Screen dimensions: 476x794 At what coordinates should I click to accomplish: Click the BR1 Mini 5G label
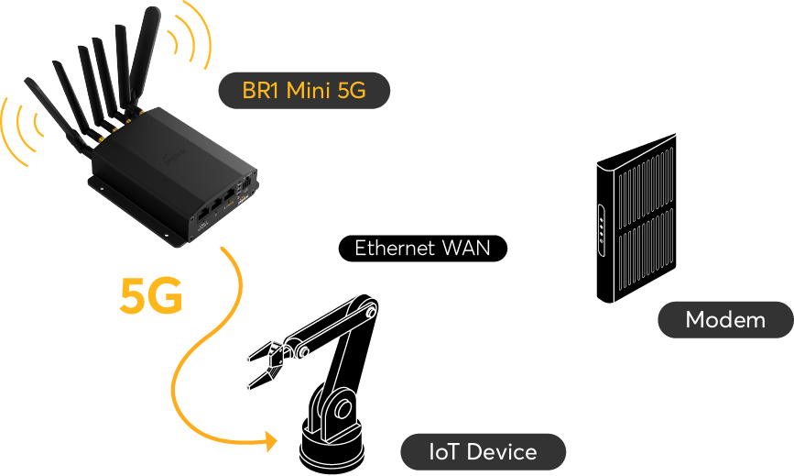302,91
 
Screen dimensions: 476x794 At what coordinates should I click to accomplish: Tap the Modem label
724,320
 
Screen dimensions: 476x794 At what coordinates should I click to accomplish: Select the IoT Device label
483,451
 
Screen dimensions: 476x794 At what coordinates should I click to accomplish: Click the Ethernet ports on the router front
216,207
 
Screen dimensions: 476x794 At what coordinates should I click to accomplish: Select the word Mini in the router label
309,91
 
